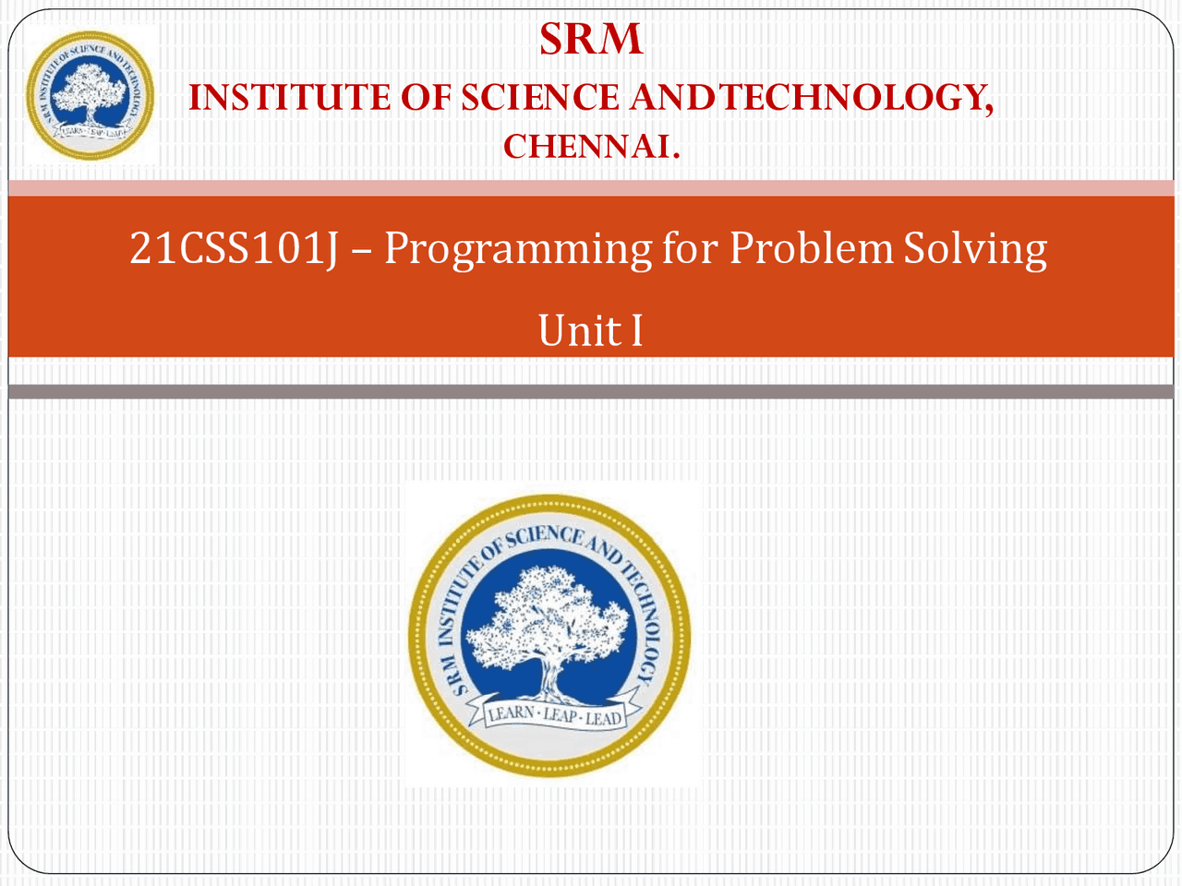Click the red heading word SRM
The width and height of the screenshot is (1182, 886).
(x=591, y=39)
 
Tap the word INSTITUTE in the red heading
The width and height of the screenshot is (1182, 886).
(x=290, y=98)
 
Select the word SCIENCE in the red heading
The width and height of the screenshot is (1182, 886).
(x=540, y=98)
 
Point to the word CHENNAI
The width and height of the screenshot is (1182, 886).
(x=591, y=147)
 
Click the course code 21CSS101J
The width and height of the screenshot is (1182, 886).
(x=235, y=248)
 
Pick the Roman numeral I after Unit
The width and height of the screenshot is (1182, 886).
(x=636, y=330)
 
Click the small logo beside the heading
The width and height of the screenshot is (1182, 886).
(x=90, y=95)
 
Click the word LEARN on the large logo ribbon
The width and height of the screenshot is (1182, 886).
(x=511, y=713)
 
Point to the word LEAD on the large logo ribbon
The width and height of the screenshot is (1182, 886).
(x=603, y=718)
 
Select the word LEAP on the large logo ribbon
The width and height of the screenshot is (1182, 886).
(x=561, y=715)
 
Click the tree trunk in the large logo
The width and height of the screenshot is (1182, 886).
(x=550, y=679)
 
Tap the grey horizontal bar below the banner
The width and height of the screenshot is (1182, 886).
(x=591, y=391)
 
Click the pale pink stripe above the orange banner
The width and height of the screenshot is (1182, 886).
(x=591, y=188)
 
